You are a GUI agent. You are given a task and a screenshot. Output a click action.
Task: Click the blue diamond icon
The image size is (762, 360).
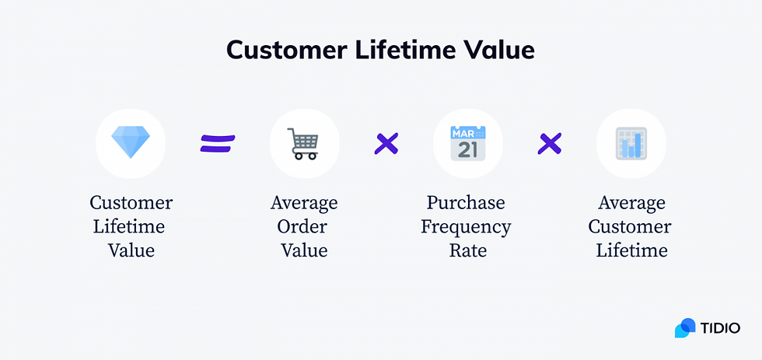(x=131, y=143)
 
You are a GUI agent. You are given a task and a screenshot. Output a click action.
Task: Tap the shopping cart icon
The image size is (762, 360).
(x=304, y=144)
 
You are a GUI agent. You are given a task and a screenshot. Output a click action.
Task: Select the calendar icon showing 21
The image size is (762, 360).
(x=467, y=144)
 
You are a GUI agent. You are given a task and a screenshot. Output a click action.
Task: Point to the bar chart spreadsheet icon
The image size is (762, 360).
(x=631, y=144)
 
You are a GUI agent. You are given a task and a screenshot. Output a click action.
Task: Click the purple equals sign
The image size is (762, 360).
(x=218, y=143)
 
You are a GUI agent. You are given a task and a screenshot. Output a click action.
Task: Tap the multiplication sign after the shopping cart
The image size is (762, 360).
(x=386, y=143)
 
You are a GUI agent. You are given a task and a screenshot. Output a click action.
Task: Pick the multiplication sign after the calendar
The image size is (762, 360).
(x=550, y=143)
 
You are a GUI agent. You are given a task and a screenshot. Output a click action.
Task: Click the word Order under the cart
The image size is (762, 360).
(x=304, y=227)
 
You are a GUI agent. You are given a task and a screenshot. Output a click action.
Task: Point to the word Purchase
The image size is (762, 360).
(x=466, y=203)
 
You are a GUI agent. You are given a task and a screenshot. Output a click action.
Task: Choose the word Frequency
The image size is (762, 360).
(x=466, y=227)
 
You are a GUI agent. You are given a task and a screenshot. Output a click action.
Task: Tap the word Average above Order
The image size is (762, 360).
(x=304, y=203)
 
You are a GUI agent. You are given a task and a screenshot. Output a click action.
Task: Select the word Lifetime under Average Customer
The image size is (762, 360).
(x=631, y=250)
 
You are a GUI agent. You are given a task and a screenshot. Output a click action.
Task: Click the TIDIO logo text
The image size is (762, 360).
(x=722, y=327)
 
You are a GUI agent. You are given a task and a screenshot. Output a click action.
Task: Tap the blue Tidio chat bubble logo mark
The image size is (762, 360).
(x=685, y=328)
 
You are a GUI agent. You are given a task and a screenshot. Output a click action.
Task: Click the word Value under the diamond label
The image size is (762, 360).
(x=131, y=250)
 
